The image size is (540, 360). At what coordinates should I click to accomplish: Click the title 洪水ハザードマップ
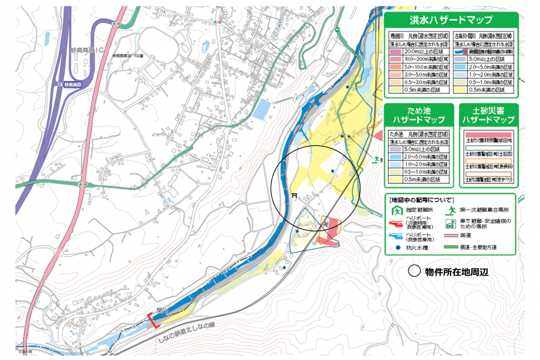[x=450, y=20]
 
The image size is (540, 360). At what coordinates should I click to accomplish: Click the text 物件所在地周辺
[x=457, y=272]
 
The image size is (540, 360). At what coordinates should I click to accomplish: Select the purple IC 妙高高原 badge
[x=72, y=85]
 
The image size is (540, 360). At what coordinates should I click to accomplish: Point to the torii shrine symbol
[x=294, y=196]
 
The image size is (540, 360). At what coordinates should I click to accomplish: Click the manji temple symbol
[x=325, y=223]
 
